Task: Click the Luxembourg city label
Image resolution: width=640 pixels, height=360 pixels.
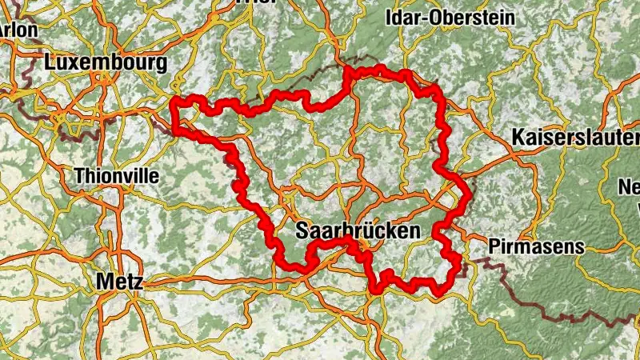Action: pyautogui.click(x=106, y=63)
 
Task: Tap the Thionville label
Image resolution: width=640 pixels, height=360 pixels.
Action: pyautogui.click(x=116, y=175)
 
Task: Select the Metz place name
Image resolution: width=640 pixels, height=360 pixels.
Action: pyautogui.click(x=118, y=282)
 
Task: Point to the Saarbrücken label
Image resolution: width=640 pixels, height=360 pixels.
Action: pyautogui.click(x=358, y=232)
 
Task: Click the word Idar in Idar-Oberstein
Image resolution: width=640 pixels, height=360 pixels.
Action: pyautogui.click(x=406, y=17)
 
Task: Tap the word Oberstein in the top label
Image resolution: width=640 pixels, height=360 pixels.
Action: pyautogui.click(x=468, y=17)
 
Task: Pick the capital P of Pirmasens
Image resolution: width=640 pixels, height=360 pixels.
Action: pyautogui.click(x=493, y=246)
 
